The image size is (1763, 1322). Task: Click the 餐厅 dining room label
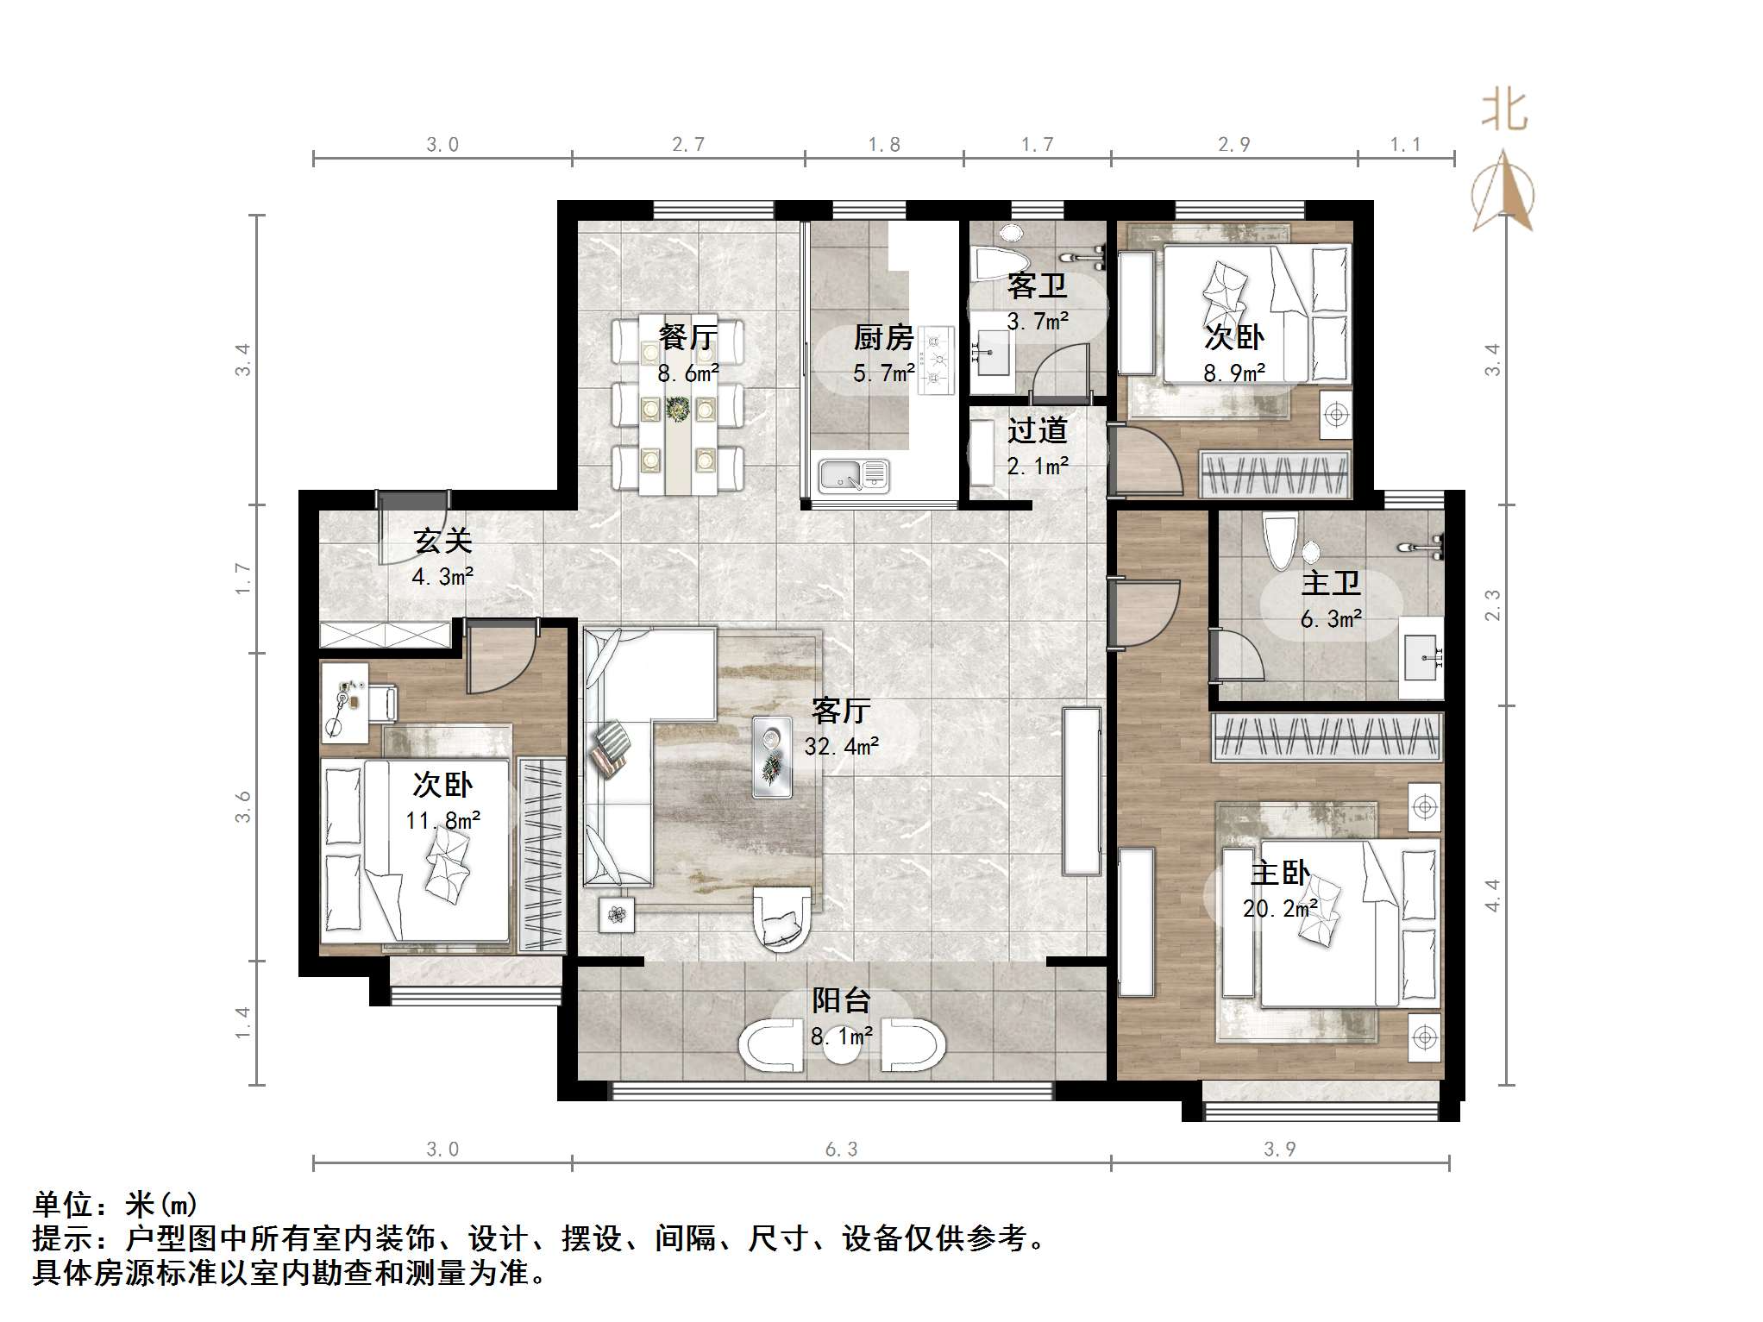(687, 336)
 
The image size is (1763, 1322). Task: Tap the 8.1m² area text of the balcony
(841, 1036)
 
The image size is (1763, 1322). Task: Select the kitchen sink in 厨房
(852, 475)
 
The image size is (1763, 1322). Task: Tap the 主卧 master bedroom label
(1280, 873)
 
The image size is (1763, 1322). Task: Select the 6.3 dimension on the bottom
(841, 1149)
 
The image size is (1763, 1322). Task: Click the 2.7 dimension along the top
(687, 144)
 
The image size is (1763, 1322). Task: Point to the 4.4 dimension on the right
(1492, 895)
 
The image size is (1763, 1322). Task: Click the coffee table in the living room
(772, 756)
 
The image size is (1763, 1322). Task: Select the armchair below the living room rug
(782, 920)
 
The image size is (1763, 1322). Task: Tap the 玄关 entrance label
(443, 541)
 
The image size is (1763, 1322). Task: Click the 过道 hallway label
(1038, 429)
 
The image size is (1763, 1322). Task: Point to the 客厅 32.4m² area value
(841, 746)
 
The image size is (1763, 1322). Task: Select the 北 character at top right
(1504, 110)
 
